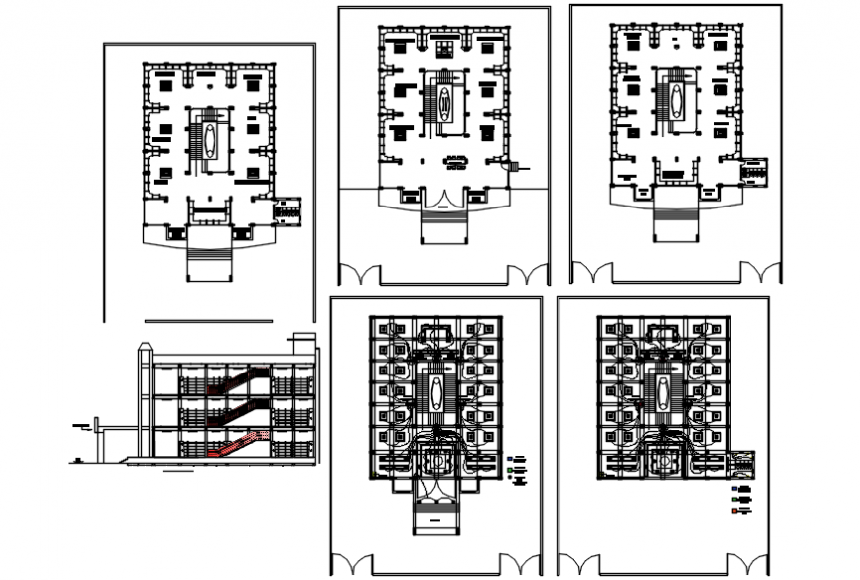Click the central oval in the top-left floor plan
210,137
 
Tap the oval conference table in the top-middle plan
456,161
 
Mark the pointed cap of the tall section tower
146,346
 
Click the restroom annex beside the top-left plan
288,207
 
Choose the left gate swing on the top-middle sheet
359,274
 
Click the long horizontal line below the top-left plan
209,321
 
